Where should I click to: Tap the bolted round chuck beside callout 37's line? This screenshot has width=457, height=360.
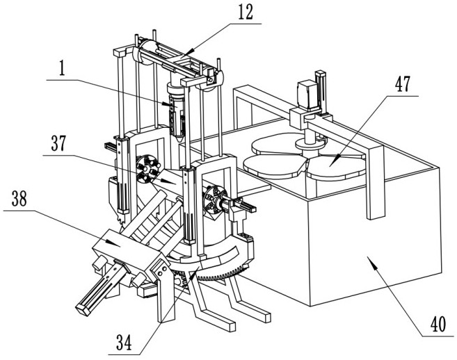(148, 169)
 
